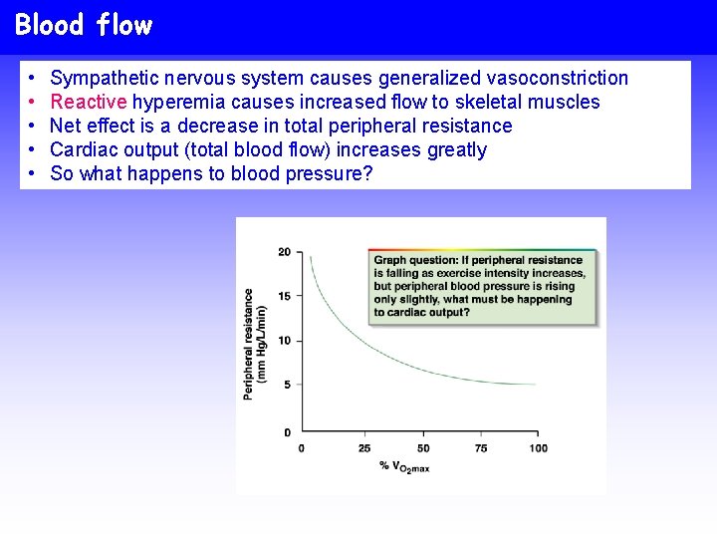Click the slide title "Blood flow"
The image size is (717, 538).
tap(84, 25)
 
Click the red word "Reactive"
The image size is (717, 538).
tap(89, 102)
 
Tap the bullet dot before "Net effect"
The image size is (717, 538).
tap(33, 126)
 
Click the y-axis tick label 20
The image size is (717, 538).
tap(284, 252)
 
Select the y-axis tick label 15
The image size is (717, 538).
tap(284, 296)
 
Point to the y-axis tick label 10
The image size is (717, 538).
tap(284, 341)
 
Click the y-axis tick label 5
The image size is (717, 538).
tap(287, 385)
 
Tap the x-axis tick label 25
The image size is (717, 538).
tap(364, 448)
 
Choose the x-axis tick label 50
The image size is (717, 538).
tap(423, 448)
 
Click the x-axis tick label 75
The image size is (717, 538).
tap(481, 448)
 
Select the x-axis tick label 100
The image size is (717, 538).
tap(538, 448)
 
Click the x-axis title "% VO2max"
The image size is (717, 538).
tap(404, 466)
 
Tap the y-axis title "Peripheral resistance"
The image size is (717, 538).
tap(249, 344)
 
